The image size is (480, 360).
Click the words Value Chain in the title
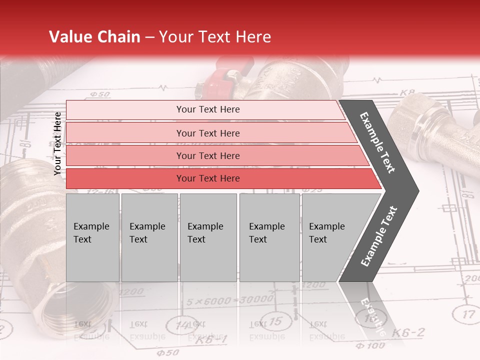point(95,37)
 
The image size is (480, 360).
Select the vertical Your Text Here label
point(57,143)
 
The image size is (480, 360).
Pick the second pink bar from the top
point(207,133)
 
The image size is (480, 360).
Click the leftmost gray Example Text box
point(92,237)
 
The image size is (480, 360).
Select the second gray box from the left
point(149,237)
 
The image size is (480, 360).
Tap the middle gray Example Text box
point(208,237)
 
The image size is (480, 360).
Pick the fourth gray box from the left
point(269,237)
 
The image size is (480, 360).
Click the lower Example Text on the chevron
point(378,236)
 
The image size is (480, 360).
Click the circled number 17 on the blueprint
point(467,314)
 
